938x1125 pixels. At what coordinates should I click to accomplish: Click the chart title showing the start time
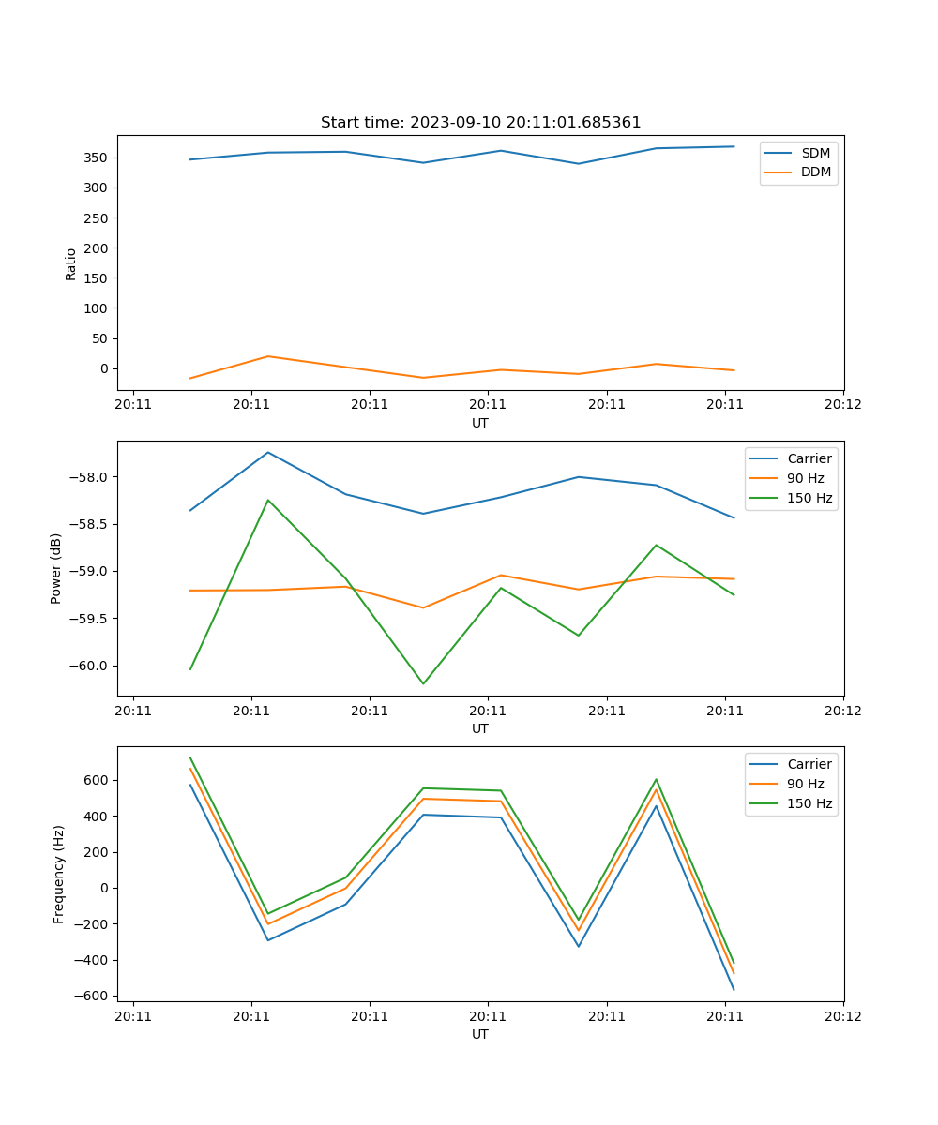tap(480, 123)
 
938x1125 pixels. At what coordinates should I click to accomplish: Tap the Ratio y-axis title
tap(71, 263)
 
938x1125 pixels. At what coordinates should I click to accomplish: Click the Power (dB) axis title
tap(57, 568)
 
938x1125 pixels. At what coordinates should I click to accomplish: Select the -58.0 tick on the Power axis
tap(89, 477)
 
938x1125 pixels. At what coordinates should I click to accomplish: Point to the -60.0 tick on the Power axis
tap(89, 666)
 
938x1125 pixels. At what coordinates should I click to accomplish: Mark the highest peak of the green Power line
tap(268, 500)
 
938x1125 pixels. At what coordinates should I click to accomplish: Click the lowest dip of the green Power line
tap(423, 683)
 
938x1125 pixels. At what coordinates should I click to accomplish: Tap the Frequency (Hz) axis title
tap(59, 874)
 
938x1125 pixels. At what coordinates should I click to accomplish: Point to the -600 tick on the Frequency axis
tap(94, 996)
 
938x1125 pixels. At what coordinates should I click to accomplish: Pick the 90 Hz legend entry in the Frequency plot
tap(806, 784)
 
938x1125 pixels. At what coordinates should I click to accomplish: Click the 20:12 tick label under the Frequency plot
tap(842, 1015)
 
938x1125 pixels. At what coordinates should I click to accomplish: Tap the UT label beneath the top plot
tap(480, 423)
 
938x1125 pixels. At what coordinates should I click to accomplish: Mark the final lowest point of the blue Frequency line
tap(734, 989)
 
